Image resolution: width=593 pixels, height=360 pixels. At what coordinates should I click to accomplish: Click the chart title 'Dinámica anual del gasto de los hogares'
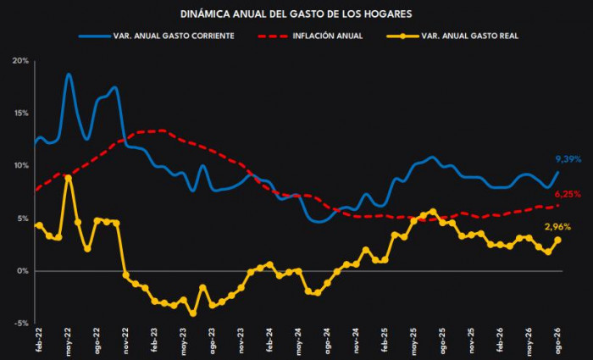(x=296, y=14)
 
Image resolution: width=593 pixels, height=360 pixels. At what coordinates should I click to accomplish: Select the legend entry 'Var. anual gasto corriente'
(x=157, y=36)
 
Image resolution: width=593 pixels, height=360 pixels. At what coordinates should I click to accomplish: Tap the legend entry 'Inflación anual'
(x=311, y=36)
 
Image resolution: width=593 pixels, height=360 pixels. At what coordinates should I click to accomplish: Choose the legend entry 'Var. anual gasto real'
(x=452, y=36)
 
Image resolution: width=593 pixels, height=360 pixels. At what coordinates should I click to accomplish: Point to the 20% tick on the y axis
(x=21, y=61)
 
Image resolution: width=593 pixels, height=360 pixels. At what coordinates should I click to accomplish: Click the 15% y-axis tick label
(x=22, y=114)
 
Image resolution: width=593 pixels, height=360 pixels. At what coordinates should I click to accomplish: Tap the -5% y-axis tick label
(x=22, y=324)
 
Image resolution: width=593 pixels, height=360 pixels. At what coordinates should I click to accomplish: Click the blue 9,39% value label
(x=568, y=159)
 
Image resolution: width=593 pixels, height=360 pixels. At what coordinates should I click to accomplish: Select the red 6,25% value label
(x=568, y=194)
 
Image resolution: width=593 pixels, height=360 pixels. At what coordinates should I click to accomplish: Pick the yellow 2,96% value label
(x=557, y=227)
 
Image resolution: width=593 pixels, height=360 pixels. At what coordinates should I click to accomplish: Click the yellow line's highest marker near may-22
(x=68, y=177)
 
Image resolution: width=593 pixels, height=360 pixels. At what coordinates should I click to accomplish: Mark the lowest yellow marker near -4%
(x=193, y=313)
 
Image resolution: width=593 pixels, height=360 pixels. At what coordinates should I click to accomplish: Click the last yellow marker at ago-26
(x=557, y=240)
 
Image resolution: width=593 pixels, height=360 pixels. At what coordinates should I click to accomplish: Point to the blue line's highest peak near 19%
(x=68, y=75)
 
